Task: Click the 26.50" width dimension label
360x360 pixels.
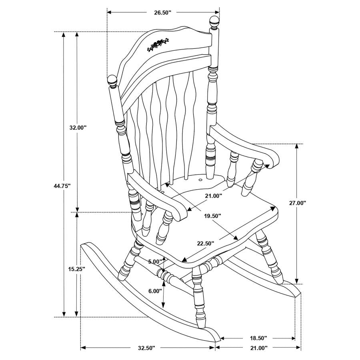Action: click(x=162, y=12)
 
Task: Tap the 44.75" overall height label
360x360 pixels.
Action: click(x=62, y=186)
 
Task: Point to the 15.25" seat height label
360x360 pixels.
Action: click(x=75, y=269)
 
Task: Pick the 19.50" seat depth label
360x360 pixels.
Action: click(x=212, y=216)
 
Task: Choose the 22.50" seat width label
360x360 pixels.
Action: click(x=205, y=243)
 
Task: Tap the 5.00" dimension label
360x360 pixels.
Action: click(x=155, y=262)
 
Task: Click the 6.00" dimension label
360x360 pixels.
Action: click(x=155, y=291)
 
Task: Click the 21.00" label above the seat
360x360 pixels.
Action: click(x=213, y=196)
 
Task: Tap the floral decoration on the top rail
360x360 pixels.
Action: click(x=158, y=44)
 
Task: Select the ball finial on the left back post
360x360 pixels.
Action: click(x=112, y=81)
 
